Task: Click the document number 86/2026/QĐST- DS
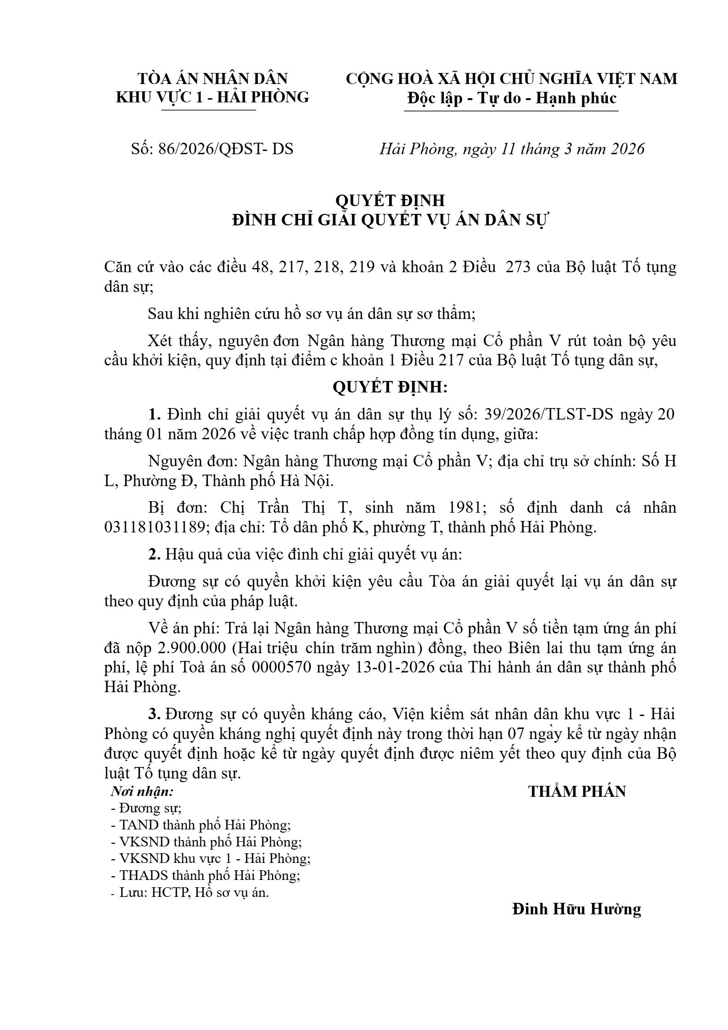pyautogui.click(x=225, y=149)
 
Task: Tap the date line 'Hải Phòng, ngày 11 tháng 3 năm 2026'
pyautogui.click(x=512, y=149)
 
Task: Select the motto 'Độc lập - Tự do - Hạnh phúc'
pyautogui.click(x=511, y=98)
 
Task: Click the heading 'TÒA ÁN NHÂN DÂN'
pyautogui.click(x=213, y=78)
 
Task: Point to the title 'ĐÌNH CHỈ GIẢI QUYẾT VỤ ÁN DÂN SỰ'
pyautogui.click(x=390, y=220)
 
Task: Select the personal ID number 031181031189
pyautogui.click(x=154, y=527)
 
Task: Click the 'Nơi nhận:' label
pyautogui.click(x=142, y=791)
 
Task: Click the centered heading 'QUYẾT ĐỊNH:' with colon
pyautogui.click(x=390, y=388)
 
